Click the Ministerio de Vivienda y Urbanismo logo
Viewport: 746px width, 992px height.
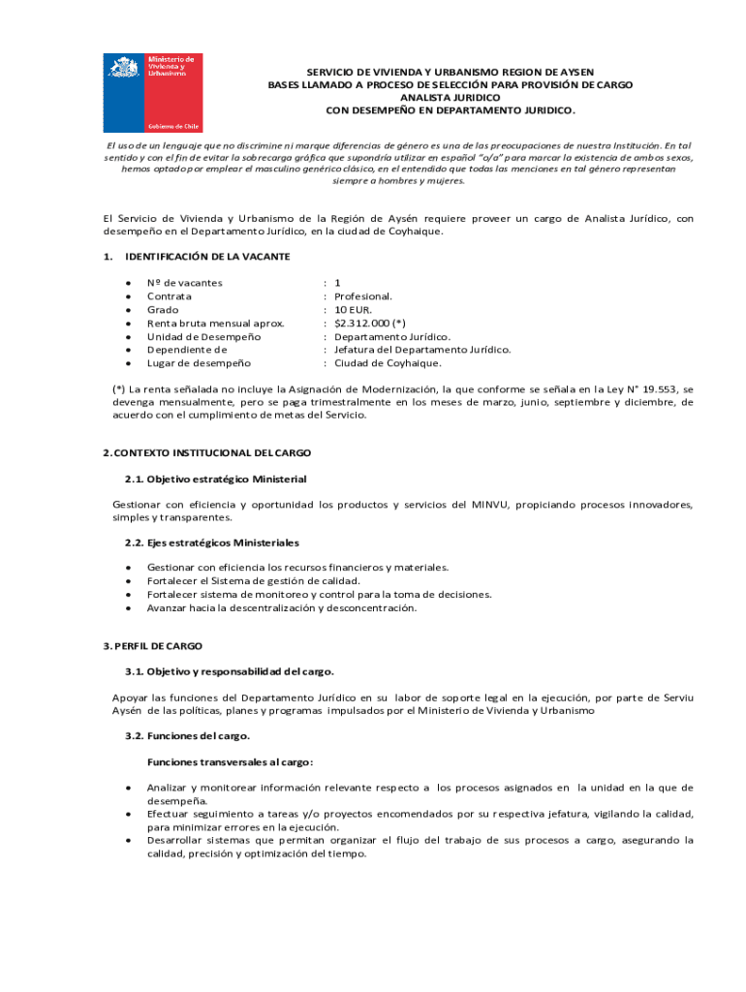pos(153,93)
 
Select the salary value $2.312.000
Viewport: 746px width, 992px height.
pos(362,323)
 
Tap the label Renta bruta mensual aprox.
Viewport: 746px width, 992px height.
pos(215,323)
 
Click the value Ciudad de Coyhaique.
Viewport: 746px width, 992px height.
pos(388,363)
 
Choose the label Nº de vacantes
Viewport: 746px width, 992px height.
pos(184,283)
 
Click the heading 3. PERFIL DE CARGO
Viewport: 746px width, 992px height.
pos(152,645)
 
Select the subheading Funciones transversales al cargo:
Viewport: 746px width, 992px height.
pos(230,761)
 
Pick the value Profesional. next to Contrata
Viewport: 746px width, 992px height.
pos(363,296)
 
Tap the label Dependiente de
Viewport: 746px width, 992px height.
pos(187,350)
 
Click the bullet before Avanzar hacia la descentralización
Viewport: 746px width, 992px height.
pos(128,608)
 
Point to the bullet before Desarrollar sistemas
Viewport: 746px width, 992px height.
pos(128,841)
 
